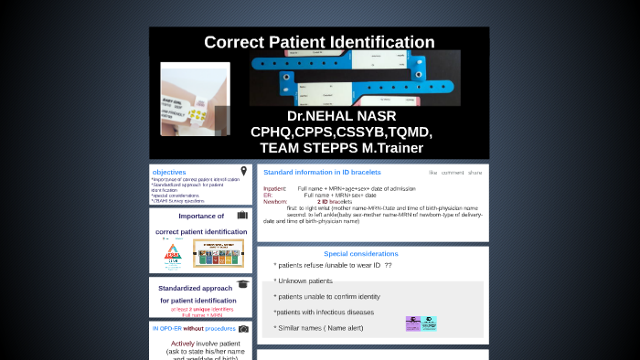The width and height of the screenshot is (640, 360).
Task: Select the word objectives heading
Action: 169,172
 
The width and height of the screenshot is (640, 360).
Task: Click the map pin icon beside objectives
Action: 244,171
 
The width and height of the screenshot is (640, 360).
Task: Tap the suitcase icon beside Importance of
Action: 242,216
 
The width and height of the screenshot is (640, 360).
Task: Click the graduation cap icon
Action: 242,284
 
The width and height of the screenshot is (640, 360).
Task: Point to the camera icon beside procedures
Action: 243,328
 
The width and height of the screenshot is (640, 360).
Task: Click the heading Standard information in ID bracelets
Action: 322,172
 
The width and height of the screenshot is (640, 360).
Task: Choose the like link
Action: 433,172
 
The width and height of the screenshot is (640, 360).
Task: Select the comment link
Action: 453,172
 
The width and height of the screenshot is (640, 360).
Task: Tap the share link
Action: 475,172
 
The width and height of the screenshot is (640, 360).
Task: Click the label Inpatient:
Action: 275,188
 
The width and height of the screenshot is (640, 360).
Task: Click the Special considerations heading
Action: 360,254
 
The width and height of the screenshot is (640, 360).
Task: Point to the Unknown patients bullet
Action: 304,281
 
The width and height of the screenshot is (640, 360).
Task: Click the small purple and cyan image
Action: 421,323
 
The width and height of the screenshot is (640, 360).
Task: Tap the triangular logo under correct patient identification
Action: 172,255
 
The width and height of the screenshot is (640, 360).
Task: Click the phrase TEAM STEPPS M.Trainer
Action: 341,147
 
